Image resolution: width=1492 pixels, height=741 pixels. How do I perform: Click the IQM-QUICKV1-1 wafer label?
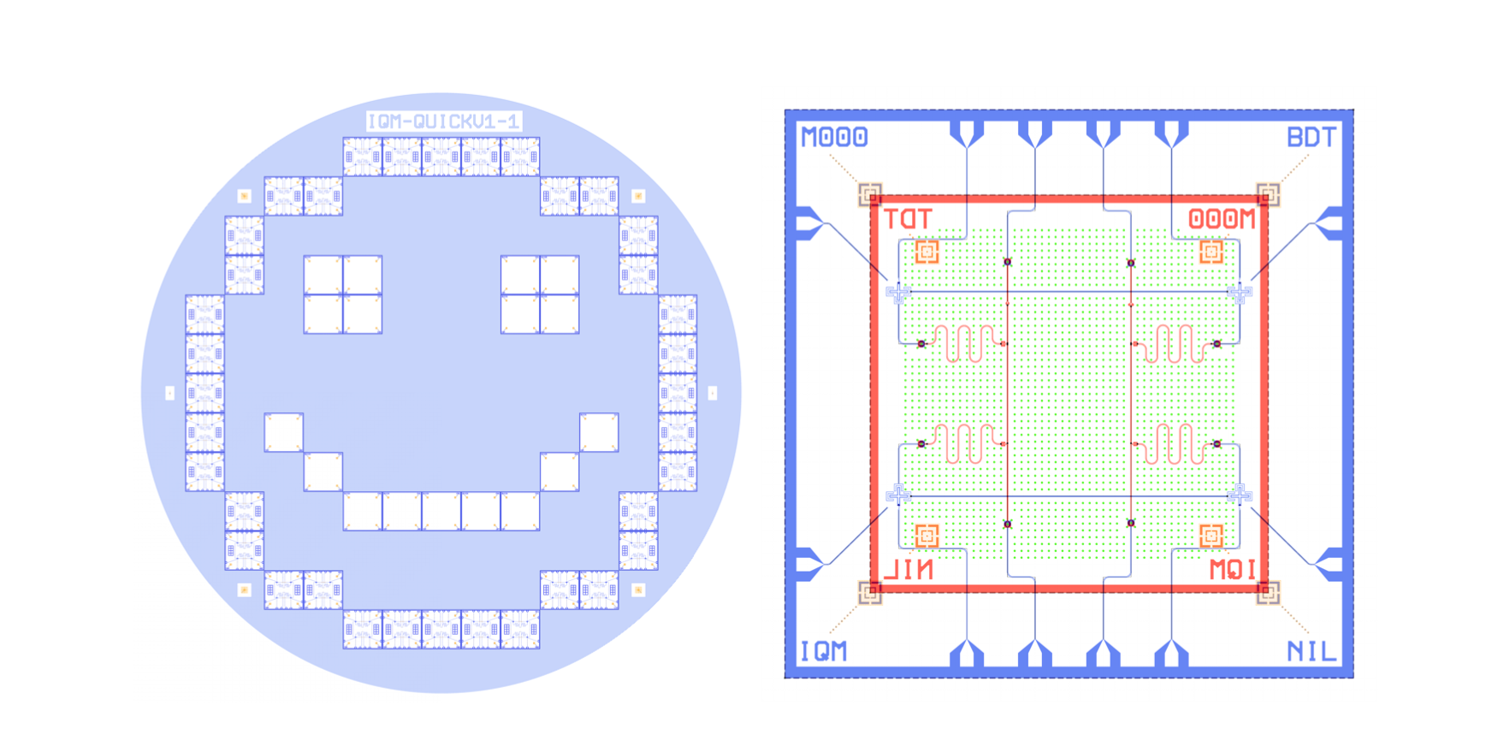(x=443, y=122)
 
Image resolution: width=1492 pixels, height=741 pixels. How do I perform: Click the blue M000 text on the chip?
(x=834, y=137)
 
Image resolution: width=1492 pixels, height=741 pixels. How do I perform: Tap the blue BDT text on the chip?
(x=1311, y=137)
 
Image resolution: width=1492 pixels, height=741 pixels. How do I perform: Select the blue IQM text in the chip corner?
(x=823, y=652)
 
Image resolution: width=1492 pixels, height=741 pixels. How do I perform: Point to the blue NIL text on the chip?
(x=1311, y=652)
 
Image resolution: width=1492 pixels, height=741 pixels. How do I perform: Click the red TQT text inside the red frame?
(x=907, y=219)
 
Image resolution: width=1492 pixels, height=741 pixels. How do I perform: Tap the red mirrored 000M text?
(x=1222, y=219)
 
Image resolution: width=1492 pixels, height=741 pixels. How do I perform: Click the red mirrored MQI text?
(x=1232, y=570)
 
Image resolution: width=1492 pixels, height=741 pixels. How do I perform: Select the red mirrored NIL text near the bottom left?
(x=909, y=570)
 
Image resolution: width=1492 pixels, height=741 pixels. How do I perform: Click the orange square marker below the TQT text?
(x=927, y=252)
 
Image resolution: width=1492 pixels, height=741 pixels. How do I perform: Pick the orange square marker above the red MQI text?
(x=1211, y=536)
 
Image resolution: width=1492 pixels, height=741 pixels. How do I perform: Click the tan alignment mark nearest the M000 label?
(x=870, y=194)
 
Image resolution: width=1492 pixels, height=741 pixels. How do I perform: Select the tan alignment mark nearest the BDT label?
(x=1268, y=194)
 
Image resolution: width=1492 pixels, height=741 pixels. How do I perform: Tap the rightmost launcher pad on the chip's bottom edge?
(x=1171, y=655)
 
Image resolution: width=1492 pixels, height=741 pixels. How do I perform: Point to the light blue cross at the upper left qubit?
(x=897, y=293)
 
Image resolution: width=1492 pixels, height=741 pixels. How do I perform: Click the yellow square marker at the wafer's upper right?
(x=638, y=196)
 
